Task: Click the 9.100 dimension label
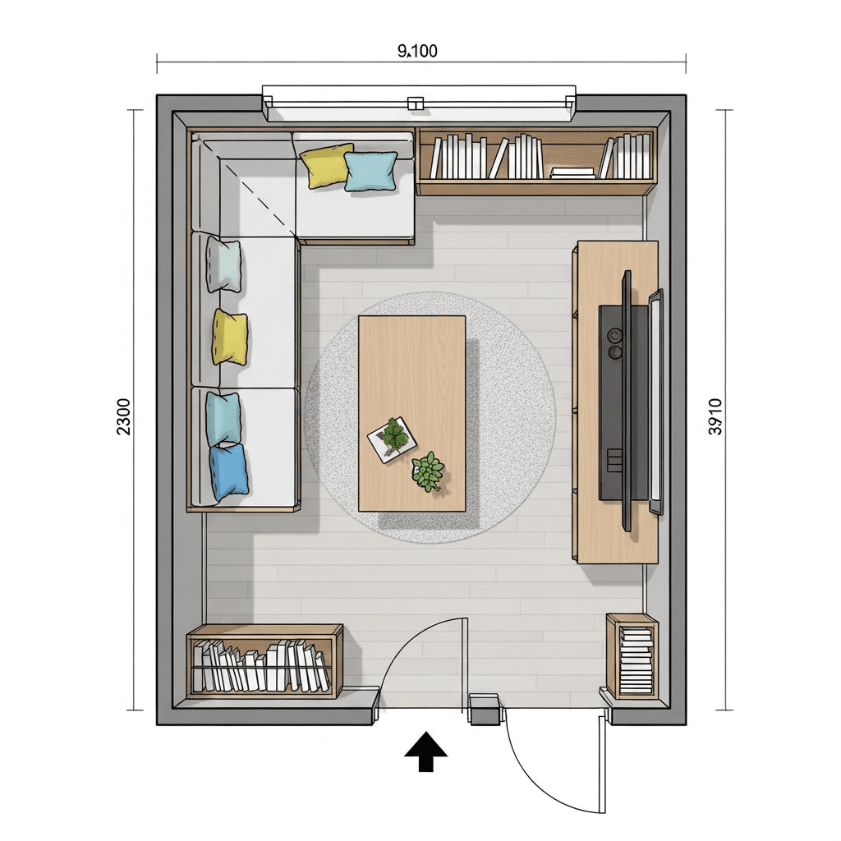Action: pos(417,51)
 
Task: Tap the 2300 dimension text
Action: pos(123,416)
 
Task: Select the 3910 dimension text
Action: pos(715,416)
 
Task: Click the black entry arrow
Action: pos(425,751)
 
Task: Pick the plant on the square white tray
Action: pos(394,434)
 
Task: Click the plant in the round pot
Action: pos(428,471)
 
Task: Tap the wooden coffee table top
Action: pos(411,414)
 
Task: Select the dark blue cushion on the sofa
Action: pos(230,472)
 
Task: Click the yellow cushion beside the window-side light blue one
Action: pos(324,164)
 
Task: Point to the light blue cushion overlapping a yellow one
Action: pos(370,171)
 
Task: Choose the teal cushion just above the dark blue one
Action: pos(223,419)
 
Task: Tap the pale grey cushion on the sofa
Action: pos(223,265)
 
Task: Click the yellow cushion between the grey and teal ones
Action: pos(230,337)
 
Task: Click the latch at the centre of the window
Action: pos(415,103)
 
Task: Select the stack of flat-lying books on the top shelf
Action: pos(572,172)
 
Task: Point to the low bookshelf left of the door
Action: pos(264,661)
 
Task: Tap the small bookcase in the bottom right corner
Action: pos(632,656)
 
